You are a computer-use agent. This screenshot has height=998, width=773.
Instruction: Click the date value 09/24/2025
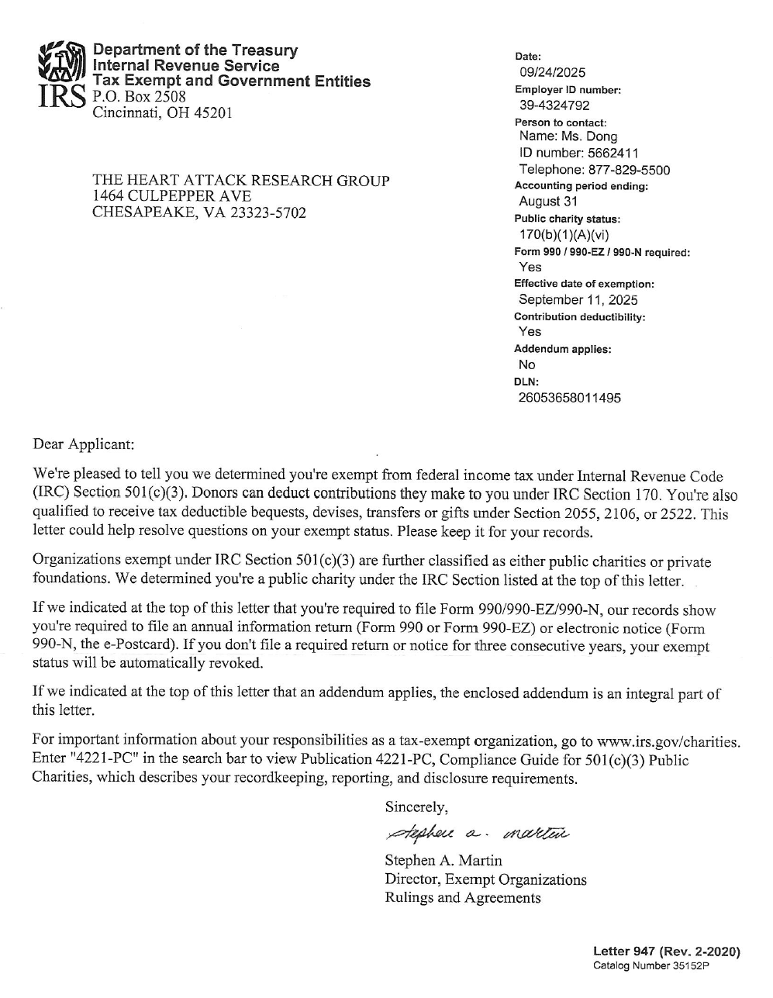point(552,73)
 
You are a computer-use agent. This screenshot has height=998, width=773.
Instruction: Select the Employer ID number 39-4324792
point(554,105)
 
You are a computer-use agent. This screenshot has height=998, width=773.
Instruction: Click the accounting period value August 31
point(549,202)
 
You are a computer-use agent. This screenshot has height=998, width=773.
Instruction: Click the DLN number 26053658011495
point(569,398)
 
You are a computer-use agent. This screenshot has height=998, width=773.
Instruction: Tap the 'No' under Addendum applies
point(526,364)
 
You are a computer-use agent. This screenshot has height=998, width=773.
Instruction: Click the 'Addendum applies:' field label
point(562,349)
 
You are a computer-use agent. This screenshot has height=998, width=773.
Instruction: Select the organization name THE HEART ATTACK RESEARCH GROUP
point(240,181)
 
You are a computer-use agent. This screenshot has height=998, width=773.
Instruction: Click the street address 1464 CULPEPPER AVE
point(171,196)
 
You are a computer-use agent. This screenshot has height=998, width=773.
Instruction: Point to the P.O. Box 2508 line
point(139,97)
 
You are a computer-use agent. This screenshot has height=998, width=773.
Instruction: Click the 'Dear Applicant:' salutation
point(83,444)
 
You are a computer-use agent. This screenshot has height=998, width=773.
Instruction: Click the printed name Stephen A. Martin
point(443,861)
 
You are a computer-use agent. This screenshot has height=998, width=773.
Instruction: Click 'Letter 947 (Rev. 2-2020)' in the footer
point(666,951)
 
